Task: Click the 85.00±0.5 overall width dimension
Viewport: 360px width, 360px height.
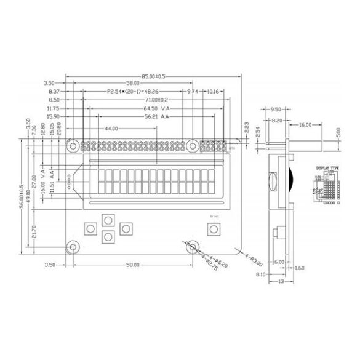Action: pyautogui.click(x=154, y=76)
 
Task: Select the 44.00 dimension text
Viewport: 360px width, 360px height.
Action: pyautogui.click(x=111, y=129)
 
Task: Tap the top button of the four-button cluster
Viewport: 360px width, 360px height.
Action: pyautogui.click(x=108, y=220)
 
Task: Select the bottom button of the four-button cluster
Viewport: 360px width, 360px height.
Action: pyautogui.click(x=108, y=236)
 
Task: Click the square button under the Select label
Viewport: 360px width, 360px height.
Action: pyautogui.click(x=214, y=229)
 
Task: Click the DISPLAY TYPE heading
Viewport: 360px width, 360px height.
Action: pyautogui.click(x=327, y=167)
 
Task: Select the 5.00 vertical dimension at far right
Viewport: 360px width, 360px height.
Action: pyautogui.click(x=338, y=132)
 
